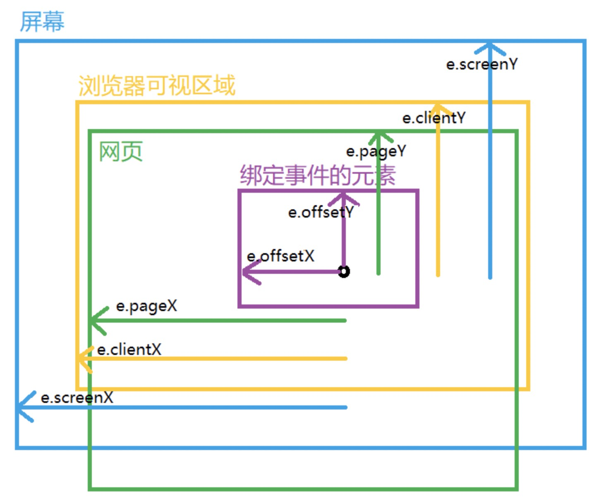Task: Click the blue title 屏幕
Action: [x=42, y=22]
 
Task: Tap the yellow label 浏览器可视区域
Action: [x=156, y=85]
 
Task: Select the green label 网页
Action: [x=120, y=151]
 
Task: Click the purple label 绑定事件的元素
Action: [x=317, y=175]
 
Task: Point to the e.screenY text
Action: [x=482, y=64]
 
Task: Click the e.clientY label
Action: [x=434, y=118]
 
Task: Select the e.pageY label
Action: [x=376, y=151]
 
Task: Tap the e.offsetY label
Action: [x=321, y=212]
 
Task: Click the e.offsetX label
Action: [x=280, y=256]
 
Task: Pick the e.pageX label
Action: [x=146, y=306]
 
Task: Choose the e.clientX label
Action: [x=129, y=350]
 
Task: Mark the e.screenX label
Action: [x=77, y=398]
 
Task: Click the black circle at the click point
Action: [x=344, y=272]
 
